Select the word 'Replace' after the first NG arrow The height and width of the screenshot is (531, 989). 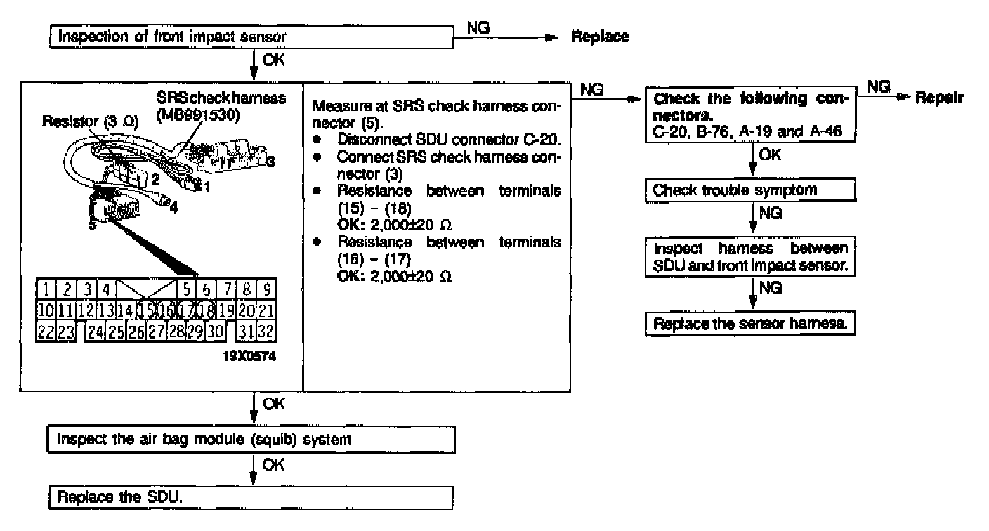[599, 37]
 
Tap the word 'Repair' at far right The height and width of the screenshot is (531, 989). [938, 98]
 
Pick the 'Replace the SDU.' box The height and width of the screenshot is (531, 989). [249, 497]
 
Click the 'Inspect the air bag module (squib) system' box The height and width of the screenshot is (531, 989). [249, 440]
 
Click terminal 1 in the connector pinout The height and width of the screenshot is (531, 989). [45, 289]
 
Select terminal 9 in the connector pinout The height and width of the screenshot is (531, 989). [267, 289]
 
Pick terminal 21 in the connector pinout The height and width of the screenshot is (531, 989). [266, 309]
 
